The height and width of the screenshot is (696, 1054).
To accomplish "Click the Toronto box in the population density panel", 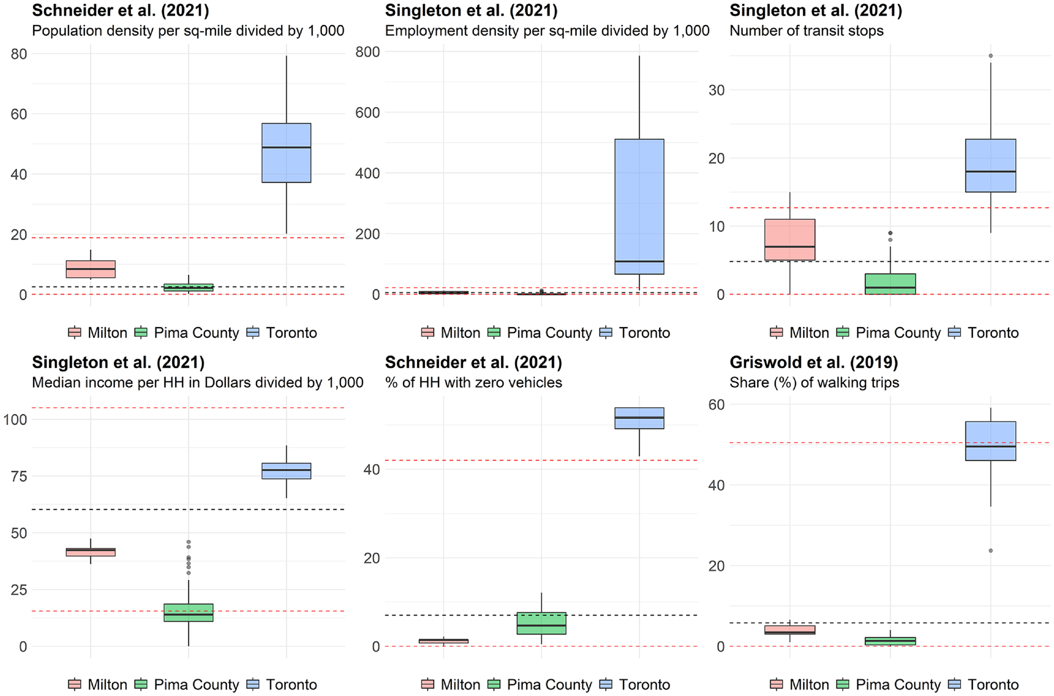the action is [x=286, y=153].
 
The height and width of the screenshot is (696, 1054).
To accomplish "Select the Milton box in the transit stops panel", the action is [x=789, y=239].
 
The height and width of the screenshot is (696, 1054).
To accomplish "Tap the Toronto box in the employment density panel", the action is [x=639, y=207].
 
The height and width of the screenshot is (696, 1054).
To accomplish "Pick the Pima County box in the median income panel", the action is [x=189, y=613].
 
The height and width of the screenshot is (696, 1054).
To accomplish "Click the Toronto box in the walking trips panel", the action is [x=991, y=441].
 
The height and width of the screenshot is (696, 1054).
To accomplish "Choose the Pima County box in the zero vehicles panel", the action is [x=541, y=623].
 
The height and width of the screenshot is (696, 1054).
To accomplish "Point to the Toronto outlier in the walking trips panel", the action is [x=991, y=551].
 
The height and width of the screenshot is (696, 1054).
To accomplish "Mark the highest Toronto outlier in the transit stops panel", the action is [x=991, y=56].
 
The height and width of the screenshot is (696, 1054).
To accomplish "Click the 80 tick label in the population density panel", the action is [x=19, y=54].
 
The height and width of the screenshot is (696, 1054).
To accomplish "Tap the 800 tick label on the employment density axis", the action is [x=368, y=52].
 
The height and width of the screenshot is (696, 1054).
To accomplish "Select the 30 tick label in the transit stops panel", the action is [x=717, y=90].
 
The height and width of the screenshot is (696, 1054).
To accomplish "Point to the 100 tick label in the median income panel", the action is [x=15, y=419].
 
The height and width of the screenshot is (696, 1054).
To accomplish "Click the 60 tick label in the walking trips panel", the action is [x=717, y=404].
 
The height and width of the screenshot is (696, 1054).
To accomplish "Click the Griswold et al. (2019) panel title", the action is [x=814, y=362].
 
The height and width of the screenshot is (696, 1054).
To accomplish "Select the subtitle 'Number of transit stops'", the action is [x=806, y=31].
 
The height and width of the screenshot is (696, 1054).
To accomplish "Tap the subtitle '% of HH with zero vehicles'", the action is [x=473, y=383].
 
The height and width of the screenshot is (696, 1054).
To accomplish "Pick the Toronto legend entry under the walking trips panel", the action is [x=983, y=684].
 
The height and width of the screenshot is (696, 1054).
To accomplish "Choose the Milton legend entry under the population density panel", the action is [x=98, y=332].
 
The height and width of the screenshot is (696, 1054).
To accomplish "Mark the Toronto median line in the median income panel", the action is [x=286, y=469].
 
